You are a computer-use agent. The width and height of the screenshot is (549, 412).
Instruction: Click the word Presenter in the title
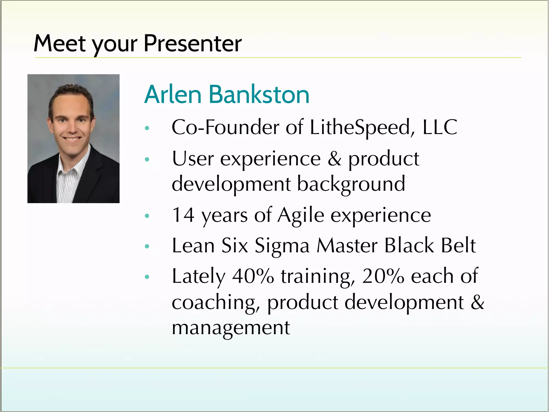(x=192, y=43)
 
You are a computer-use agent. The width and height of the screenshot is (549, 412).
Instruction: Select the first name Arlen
(x=173, y=94)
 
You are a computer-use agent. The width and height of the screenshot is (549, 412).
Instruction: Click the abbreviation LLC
(x=440, y=127)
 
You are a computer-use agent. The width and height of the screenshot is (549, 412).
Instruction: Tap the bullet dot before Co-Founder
(x=147, y=128)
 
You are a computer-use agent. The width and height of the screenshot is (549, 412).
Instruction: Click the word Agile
(x=301, y=215)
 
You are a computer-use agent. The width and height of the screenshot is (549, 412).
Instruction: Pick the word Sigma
(x=282, y=246)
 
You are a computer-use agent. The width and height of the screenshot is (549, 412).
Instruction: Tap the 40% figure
(x=253, y=276)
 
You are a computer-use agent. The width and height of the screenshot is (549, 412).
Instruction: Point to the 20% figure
(x=383, y=276)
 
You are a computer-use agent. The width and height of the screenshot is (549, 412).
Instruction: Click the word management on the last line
(x=231, y=328)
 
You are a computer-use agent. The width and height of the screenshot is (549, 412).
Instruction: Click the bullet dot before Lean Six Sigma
(x=147, y=246)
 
